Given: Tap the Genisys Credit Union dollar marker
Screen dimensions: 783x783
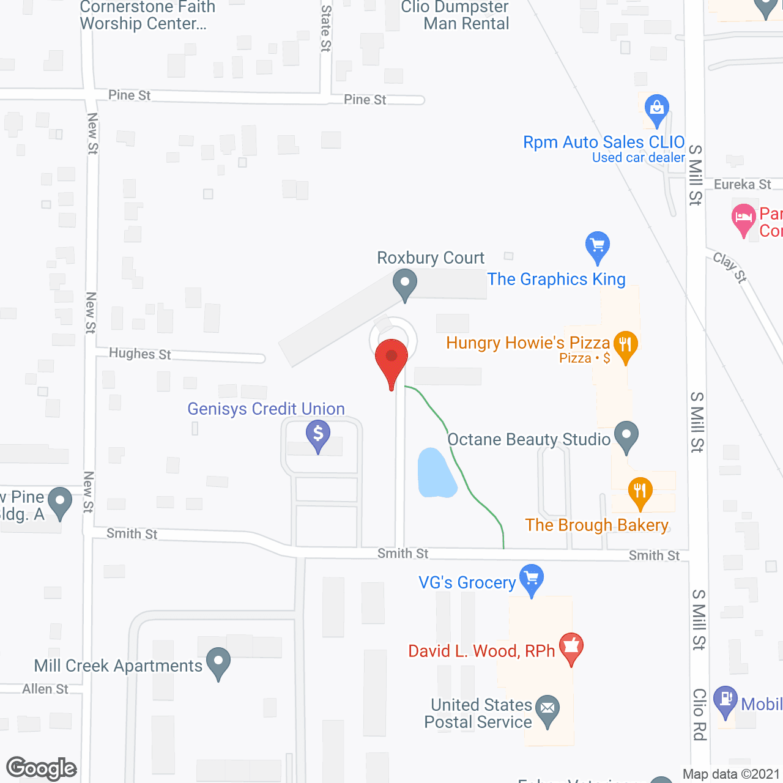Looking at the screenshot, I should click(x=318, y=434).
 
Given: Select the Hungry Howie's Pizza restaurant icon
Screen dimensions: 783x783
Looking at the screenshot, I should click(x=625, y=346).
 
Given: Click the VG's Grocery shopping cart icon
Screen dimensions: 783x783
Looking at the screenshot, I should click(x=532, y=578).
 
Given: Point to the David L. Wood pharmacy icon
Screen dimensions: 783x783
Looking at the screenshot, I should click(x=571, y=647).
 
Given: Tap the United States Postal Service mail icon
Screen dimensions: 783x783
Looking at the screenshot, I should click(x=547, y=710).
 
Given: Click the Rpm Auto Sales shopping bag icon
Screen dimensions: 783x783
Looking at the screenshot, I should click(x=657, y=109).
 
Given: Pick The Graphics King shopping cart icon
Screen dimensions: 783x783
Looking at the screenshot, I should click(x=598, y=246).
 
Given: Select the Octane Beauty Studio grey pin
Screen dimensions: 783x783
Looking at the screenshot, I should click(x=626, y=436).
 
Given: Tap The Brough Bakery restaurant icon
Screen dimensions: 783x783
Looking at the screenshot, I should click(x=640, y=492).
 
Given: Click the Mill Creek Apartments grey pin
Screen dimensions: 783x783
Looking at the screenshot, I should click(x=218, y=662).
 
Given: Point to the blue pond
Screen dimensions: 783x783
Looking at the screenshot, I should click(x=436, y=473).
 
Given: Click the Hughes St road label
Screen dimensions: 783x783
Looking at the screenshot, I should click(x=140, y=354).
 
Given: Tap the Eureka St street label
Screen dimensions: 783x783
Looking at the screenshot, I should click(x=743, y=184).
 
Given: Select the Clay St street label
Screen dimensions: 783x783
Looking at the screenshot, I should click(x=730, y=267).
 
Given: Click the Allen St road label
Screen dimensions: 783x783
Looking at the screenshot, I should click(x=45, y=689).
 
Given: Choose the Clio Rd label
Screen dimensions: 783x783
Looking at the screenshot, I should click(x=699, y=714).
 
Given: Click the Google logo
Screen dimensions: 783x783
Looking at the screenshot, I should click(x=42, y=768).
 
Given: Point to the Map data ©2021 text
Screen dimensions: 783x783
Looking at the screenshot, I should click(x=731, y=774).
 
